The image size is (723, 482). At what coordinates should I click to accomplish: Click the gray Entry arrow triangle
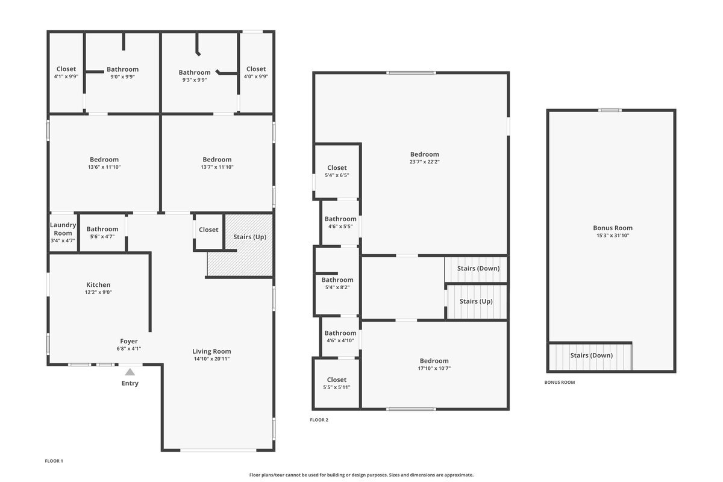click(x=130, y=372)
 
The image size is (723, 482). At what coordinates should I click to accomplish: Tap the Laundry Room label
click(x=63, y=229)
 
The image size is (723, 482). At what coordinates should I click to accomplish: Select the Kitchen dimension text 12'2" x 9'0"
click(x=98, y=292)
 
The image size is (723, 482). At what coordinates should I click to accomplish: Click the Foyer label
click(x=129, y=341)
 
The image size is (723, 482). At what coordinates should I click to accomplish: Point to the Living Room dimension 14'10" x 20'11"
click(x=211, y=359)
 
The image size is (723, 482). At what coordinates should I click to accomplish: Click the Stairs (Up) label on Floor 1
click(x=249, y=237)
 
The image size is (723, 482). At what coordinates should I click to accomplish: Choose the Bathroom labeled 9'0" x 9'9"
click(x=122, y=69)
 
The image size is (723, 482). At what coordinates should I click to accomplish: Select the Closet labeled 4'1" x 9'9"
click(x=66, y=69)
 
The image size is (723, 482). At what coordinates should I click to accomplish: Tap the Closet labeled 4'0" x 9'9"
click(x=256, y=69)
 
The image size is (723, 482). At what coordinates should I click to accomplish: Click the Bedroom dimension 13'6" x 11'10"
click(x=105, y=167)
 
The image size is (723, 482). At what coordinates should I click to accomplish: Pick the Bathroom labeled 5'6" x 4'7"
click(x=102, y=229)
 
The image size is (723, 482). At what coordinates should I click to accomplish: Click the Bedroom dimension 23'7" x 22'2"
click(x=425, y=162)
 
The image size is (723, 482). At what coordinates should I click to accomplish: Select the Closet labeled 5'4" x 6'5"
click(x=337, y=168)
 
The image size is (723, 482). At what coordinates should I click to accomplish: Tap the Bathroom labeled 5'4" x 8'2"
click(x=337, y=280)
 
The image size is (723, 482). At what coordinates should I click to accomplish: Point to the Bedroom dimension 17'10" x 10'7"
click(x=434, y=369)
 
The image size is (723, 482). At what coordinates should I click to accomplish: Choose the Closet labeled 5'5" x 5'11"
click(x=337, y=380)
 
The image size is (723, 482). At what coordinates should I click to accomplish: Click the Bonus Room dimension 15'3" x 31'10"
click(x=613, y=236)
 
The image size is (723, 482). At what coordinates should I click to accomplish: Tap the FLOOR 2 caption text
click(x=319, y=420)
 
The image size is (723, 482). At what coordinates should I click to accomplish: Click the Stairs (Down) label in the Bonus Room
click(x=592, y=355)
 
